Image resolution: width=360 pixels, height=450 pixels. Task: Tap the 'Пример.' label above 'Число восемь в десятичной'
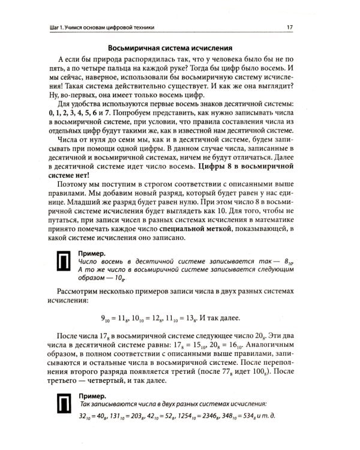[x=92, y=254]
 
